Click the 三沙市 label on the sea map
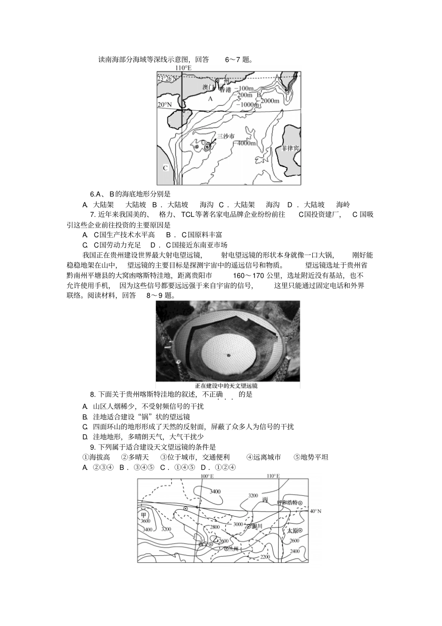(226, 136)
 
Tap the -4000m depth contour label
(246, 143)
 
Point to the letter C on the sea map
(165, 168)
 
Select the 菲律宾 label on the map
(290, 148)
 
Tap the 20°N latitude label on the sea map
(164, 105)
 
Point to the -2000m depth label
(269, 100)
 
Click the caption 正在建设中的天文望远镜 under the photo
(228, 386)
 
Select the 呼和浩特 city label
(287, 502)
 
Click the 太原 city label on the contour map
(292, 530)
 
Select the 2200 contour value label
(265, 557)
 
